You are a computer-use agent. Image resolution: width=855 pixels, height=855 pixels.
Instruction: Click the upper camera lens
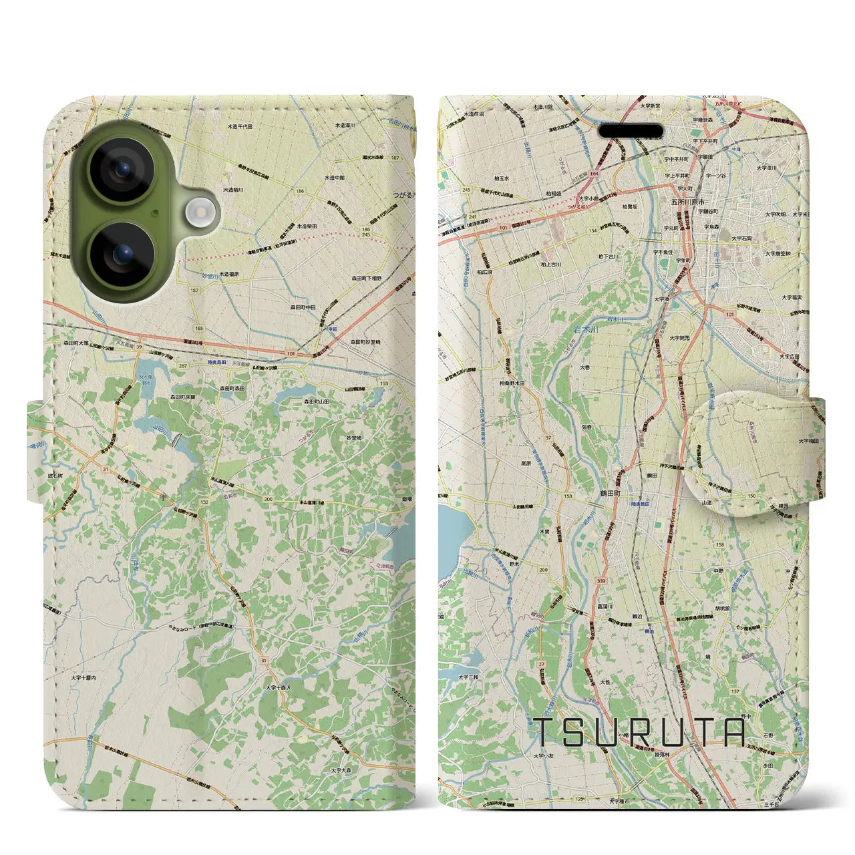pos(122,170)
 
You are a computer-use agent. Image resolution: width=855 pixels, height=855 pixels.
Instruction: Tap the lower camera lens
pos(122,254)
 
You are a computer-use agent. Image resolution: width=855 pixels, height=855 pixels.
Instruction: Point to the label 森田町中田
pos(302,307)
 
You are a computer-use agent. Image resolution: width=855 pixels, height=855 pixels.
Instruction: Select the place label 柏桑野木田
pos(512,383)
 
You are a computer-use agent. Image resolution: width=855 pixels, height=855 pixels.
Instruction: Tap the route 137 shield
pos(735,691)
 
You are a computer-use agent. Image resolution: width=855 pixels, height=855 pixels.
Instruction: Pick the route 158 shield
pos(719,544)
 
